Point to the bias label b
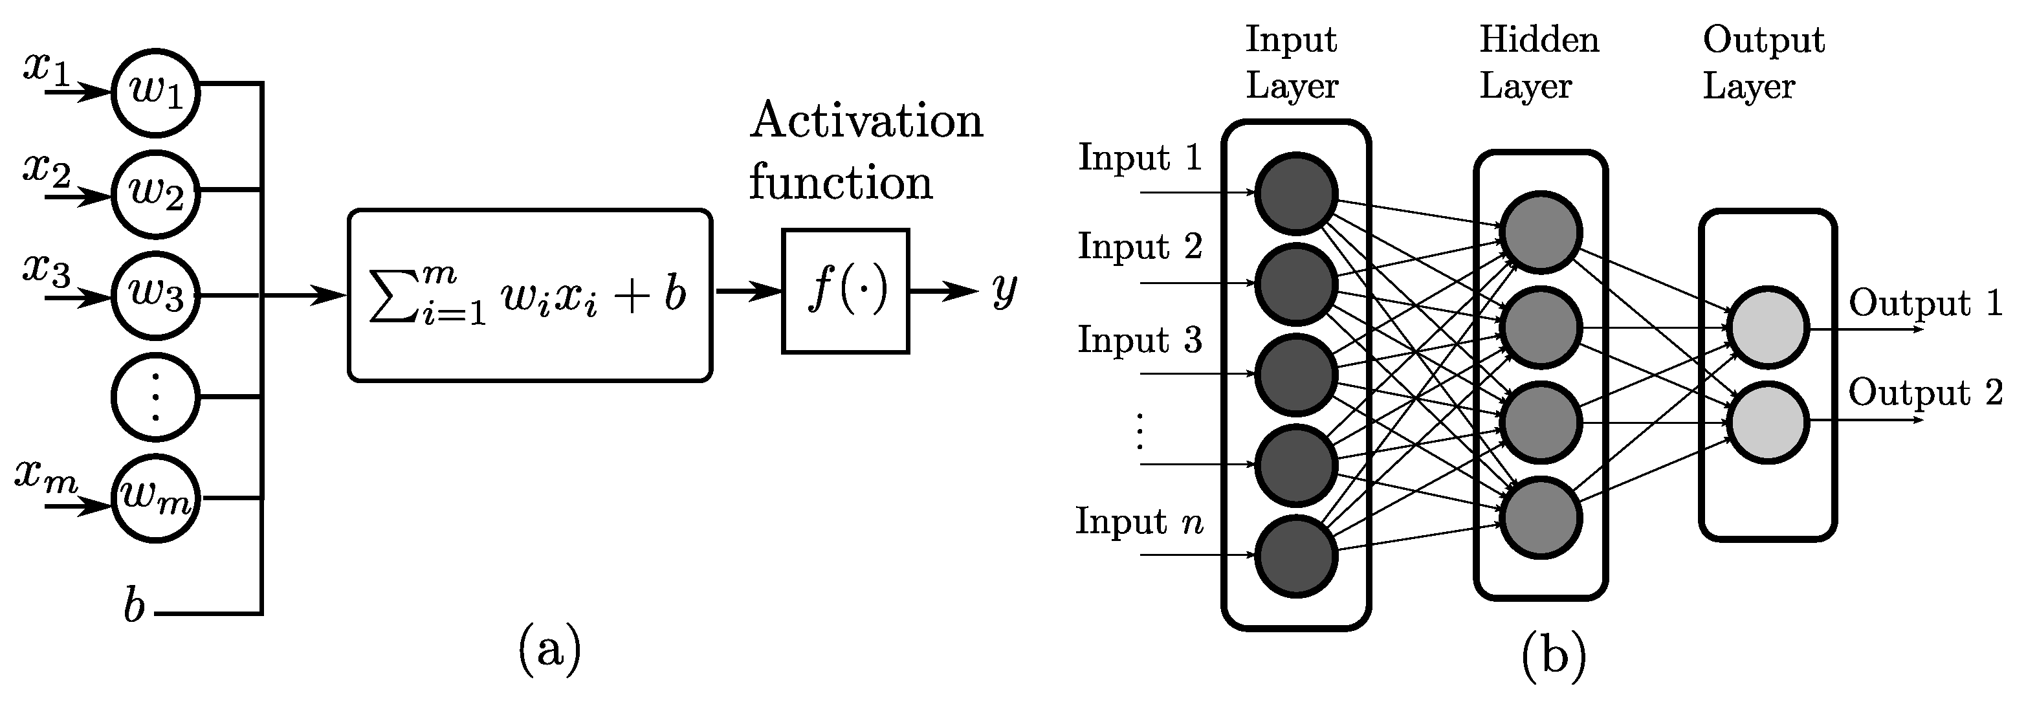tap(135, 607)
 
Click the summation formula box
tap(529, 296)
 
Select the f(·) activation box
tap(846, 292)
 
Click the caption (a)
tap(549, 650)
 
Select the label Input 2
tap(1140, 246)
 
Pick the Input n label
tap(1139, 521)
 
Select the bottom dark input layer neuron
tap(1295, 557)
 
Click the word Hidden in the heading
tap(1539, 39)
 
